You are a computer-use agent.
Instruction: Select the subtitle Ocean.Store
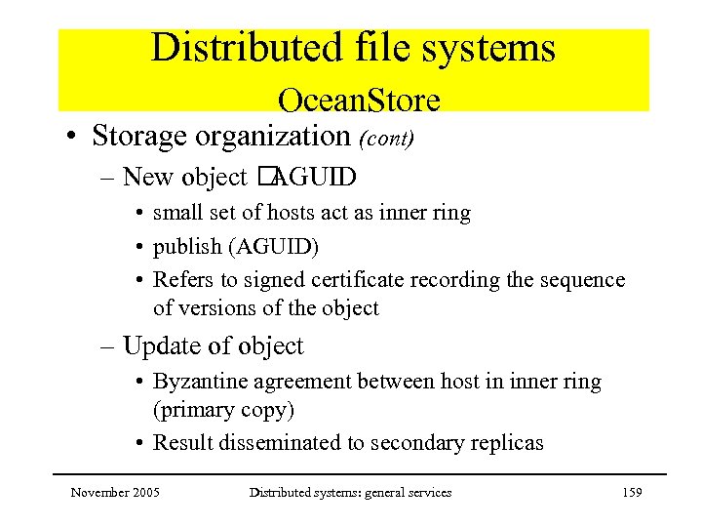pos(359,100)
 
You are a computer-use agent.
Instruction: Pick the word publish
pos(182,246)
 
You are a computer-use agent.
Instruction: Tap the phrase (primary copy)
pos(223,410)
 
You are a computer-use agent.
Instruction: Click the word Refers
pos(180,280)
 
